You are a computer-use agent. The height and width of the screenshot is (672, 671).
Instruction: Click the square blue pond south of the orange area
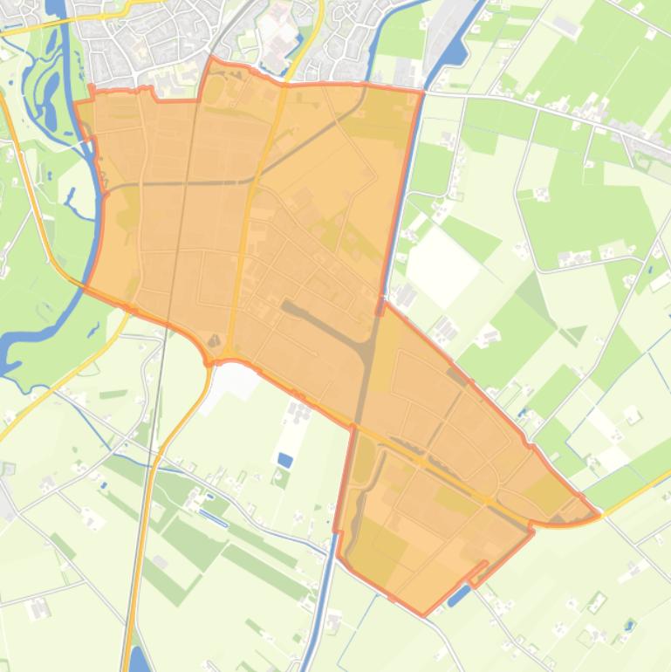click(x=285, y=459)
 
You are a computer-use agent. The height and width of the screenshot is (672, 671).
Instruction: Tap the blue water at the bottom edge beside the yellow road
click(x=138, y=658)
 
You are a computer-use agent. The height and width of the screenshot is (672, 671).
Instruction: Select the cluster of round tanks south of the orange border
click(x=299, y=410)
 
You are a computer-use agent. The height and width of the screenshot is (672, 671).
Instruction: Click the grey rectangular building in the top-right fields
click(x=566, y=27)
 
